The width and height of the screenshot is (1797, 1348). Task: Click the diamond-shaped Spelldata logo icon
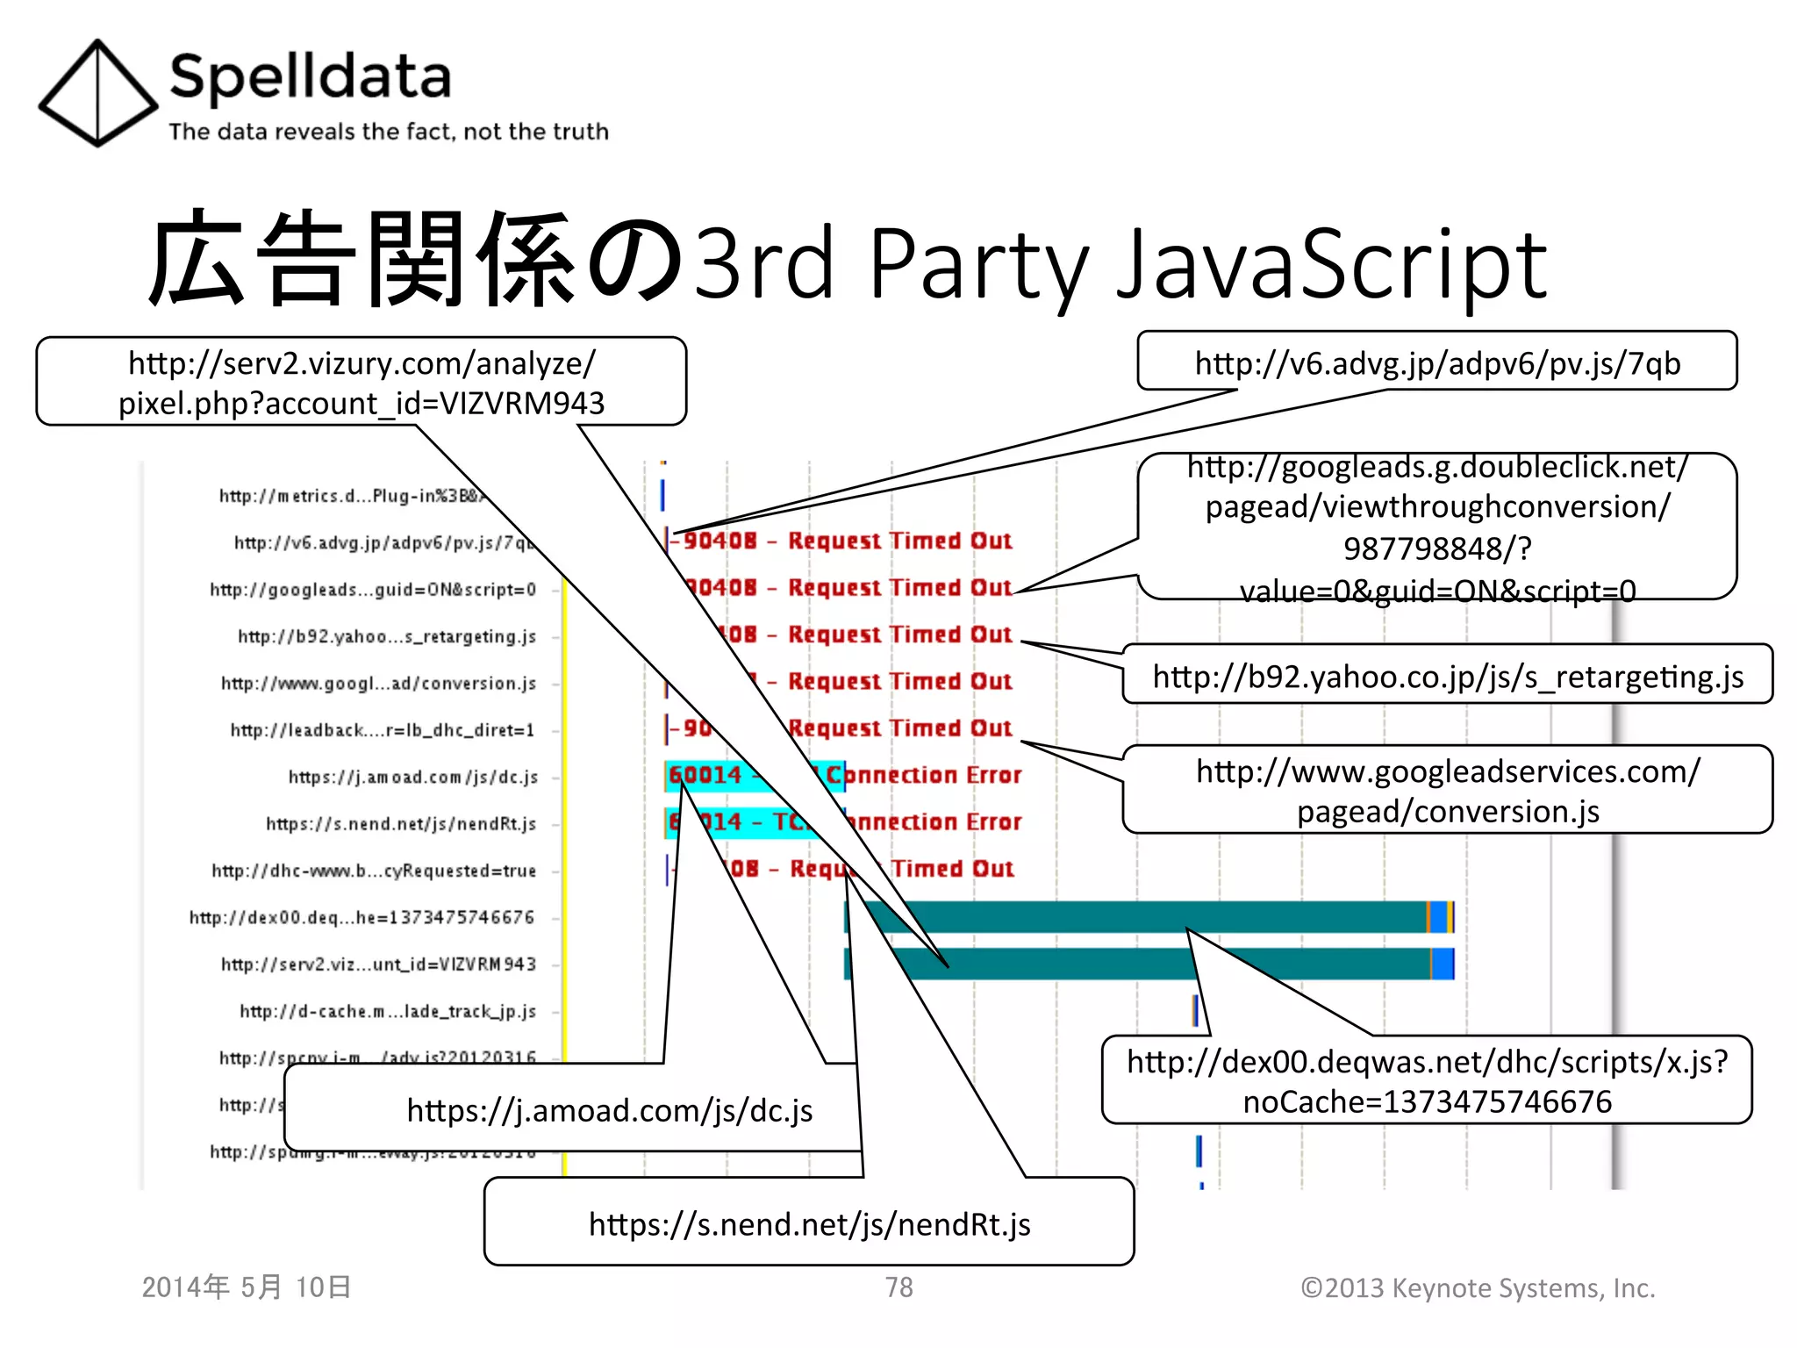pos(97,93)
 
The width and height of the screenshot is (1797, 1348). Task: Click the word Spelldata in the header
pos(310,77)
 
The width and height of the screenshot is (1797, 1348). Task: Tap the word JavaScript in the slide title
pos(1330,263)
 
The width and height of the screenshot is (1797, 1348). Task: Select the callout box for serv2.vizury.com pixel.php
pos(361,383)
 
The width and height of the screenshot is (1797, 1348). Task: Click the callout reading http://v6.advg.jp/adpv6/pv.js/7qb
pos(1436,362)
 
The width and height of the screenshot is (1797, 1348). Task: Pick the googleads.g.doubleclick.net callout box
pos(1436,527)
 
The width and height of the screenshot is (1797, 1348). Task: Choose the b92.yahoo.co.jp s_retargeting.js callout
pos(1447,676)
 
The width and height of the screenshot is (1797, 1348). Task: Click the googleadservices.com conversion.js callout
pos(1447,790)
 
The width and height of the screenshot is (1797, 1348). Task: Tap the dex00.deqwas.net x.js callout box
pos(1427,1080)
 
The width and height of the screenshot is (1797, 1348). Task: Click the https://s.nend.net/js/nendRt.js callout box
pos(808,1223)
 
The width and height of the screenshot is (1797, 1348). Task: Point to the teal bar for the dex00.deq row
pos(1141,916)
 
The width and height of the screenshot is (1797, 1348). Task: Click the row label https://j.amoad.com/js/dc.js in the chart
pos(412,777)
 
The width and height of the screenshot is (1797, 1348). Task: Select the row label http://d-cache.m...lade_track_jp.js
pos(387,1011)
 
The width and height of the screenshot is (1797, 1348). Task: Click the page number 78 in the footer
pos(898,1287)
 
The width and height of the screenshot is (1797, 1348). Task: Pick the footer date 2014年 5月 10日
pos(247,1287)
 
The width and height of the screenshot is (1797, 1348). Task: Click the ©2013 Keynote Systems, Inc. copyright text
pos(1478,1287)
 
